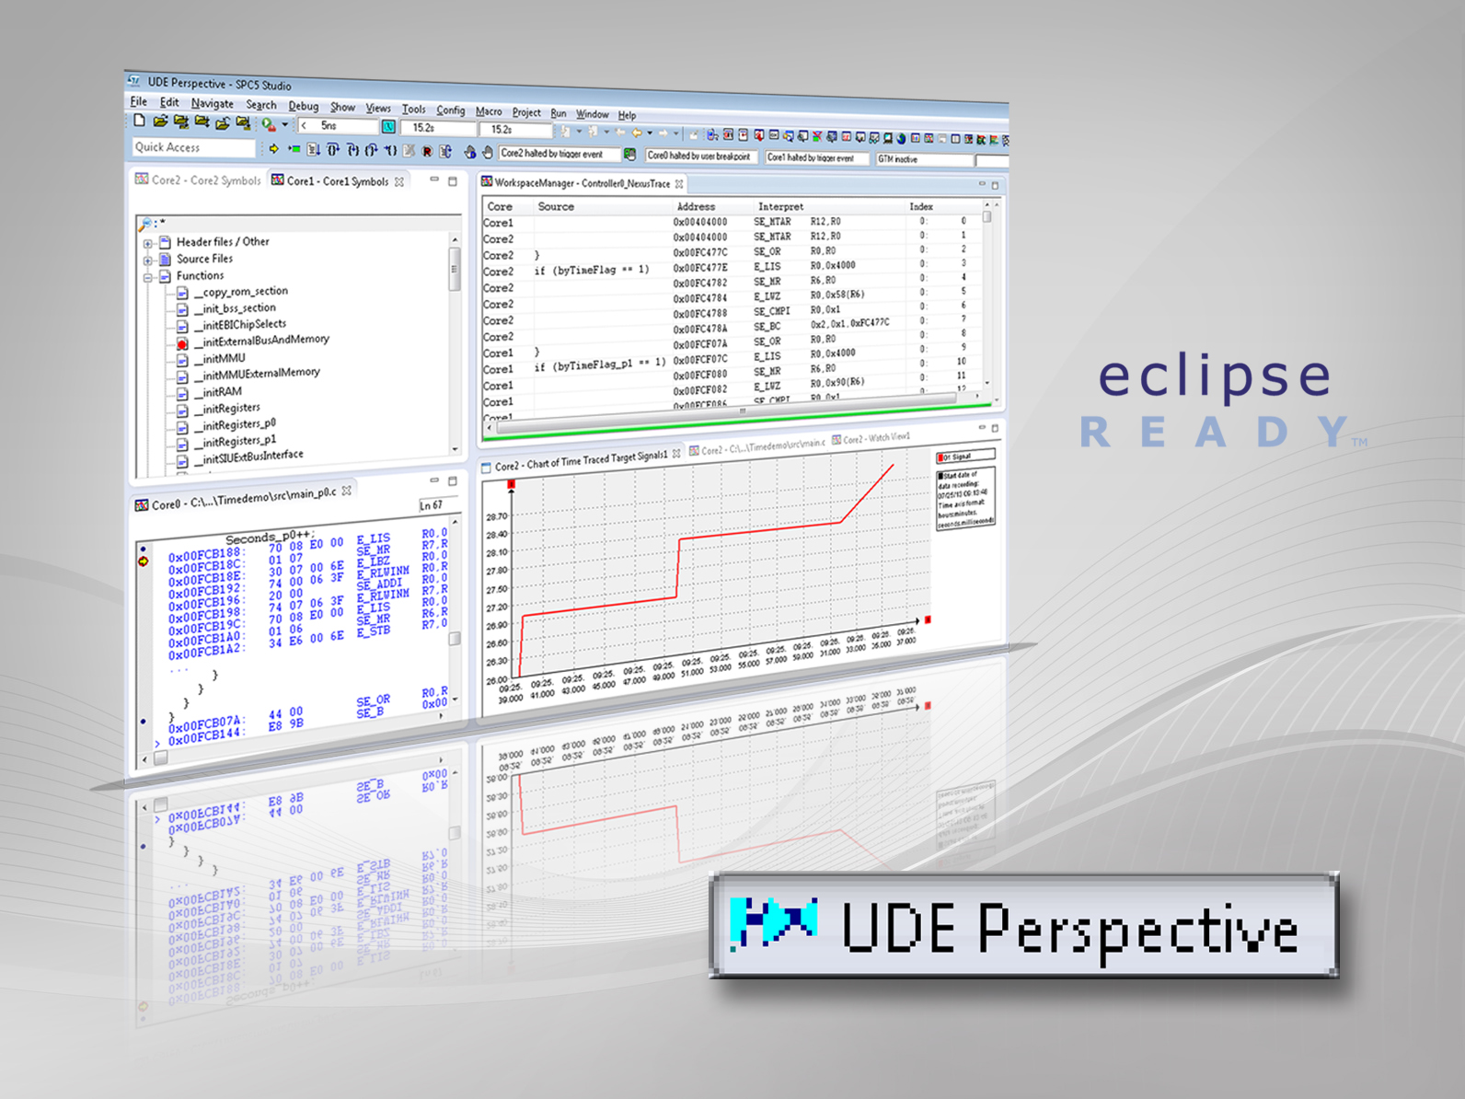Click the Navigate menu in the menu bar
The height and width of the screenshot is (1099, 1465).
[212, 104]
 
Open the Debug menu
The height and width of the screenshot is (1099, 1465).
[303, 106]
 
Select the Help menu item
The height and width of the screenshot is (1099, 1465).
[627, 115]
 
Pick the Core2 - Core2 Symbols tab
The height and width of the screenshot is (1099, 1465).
[200, 180]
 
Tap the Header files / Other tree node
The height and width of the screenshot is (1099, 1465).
[222, 242]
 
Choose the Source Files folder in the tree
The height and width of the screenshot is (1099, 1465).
[204, 259]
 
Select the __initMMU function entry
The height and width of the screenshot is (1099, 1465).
[223, 358]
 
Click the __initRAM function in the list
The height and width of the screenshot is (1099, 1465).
[221, 391]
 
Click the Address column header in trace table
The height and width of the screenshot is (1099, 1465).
[696, 207]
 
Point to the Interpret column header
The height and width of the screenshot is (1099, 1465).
[780, 207]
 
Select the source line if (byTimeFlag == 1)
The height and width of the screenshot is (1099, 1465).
[592, 271]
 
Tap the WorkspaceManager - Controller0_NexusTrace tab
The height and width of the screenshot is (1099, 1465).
[582, 183]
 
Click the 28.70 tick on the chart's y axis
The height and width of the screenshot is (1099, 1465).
[496, 517]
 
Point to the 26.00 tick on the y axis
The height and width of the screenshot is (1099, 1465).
[496, 681]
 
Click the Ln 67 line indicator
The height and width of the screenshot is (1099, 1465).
[431, 505]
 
